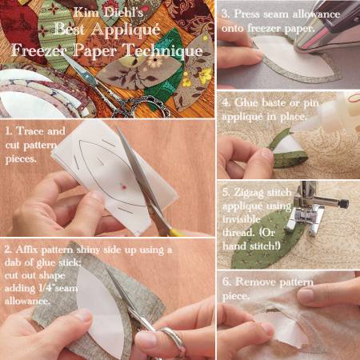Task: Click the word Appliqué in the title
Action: [x=126, y=30]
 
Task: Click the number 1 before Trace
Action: [x=9, y=130]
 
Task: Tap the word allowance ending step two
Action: [x=27, y=301]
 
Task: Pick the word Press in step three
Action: [x=246, y=14]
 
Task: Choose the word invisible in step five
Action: [x=242, y=219]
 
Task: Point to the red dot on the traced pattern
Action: [x=123, y=187]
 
